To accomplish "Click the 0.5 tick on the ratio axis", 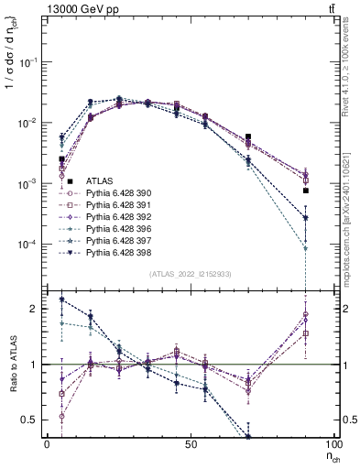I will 33,420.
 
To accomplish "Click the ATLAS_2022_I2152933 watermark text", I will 190,274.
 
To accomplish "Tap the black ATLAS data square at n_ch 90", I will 306,191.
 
